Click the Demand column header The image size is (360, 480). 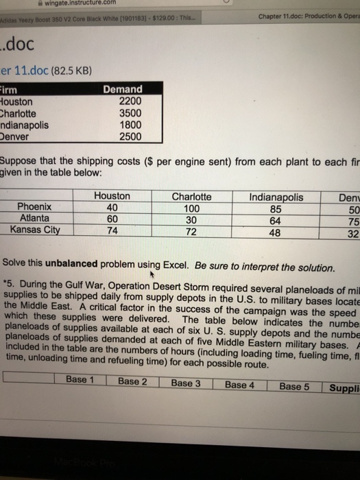point(123,89)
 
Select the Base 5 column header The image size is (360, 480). point(294,385)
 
